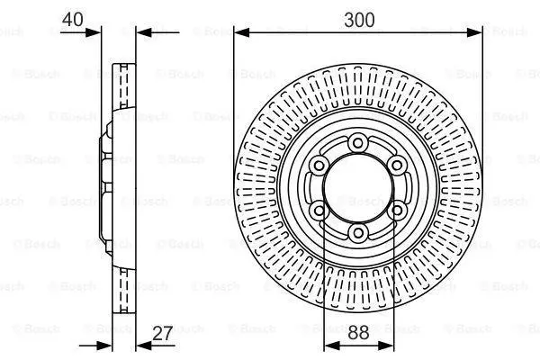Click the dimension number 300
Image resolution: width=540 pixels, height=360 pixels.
click(359, 20)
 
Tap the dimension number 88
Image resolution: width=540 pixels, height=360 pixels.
click(358, 333)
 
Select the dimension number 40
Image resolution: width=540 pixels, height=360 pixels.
click(72, 19)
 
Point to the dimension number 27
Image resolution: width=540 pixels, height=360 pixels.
click(162, 333)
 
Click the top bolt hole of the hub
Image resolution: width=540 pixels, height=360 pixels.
click(358, 142)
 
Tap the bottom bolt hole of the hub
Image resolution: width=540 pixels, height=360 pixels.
click(358, 233)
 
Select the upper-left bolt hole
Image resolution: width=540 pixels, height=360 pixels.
click(319, 166)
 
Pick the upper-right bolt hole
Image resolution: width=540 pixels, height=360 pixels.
click(397, 166)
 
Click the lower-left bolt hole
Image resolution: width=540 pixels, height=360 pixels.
click(319, 210)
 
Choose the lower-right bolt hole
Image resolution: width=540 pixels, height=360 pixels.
click(397, 210)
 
